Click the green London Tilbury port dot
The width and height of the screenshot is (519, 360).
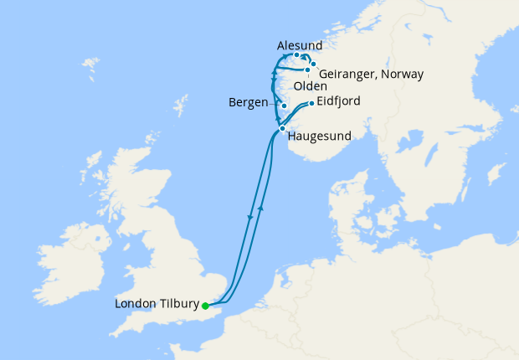click(x=205, y=306)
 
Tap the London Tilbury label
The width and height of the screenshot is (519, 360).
click(x=157, y=305)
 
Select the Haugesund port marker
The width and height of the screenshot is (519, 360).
click(x=282, y=128)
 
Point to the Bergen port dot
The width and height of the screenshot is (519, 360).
click(x=285, y=105)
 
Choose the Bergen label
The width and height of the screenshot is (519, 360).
click(x=249, y=103)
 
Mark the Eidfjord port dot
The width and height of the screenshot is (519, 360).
click(x=311, y=104)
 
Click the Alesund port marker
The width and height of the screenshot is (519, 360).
click(x=296, y=55)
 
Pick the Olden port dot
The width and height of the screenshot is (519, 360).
click(x=307, y=70)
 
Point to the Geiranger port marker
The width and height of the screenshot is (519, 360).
click(x=313, y=64)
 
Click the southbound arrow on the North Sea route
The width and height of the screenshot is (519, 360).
click(x=250, y=217)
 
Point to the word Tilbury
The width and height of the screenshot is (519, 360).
click(x=178, y=305)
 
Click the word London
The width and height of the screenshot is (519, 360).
click(x=135, y=305)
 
